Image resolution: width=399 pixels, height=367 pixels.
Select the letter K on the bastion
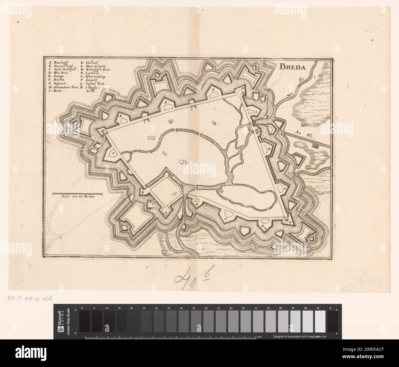tap(269, 149)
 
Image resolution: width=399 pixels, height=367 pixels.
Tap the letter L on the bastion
tap(284, 189)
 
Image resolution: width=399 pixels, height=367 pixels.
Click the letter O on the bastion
tap(225, 219)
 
